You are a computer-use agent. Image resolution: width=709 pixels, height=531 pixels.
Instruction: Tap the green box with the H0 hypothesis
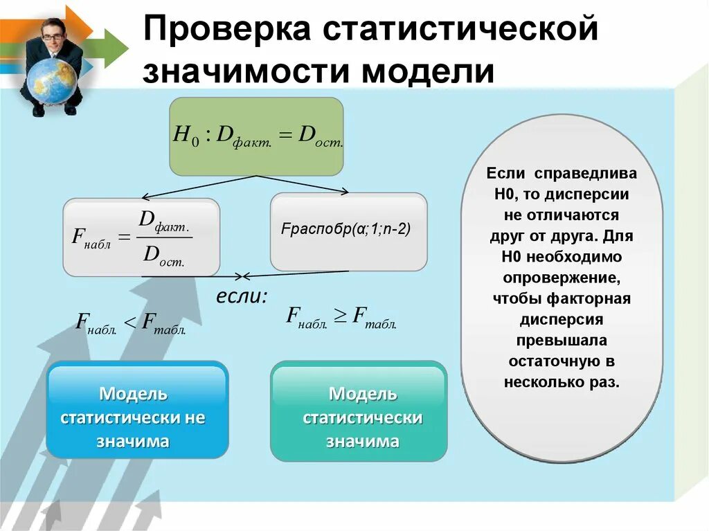[256, 136]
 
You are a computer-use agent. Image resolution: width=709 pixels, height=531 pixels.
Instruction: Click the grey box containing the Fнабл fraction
[141, 237]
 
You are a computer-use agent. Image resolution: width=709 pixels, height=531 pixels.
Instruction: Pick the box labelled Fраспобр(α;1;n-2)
[348, 231]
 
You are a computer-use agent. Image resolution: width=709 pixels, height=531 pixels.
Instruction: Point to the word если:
[242, 296]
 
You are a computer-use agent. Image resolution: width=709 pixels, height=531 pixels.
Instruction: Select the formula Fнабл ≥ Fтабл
[341, 318]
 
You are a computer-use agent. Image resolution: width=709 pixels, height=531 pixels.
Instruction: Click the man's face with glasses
[52, 28]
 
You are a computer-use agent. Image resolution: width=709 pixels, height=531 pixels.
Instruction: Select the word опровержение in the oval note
[561, 278]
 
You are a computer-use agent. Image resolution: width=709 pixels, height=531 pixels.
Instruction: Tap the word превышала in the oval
[561, 340]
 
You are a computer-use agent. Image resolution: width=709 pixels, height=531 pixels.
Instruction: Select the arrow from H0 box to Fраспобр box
[305, 183]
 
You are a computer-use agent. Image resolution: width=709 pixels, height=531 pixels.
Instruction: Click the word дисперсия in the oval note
[561, 319]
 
